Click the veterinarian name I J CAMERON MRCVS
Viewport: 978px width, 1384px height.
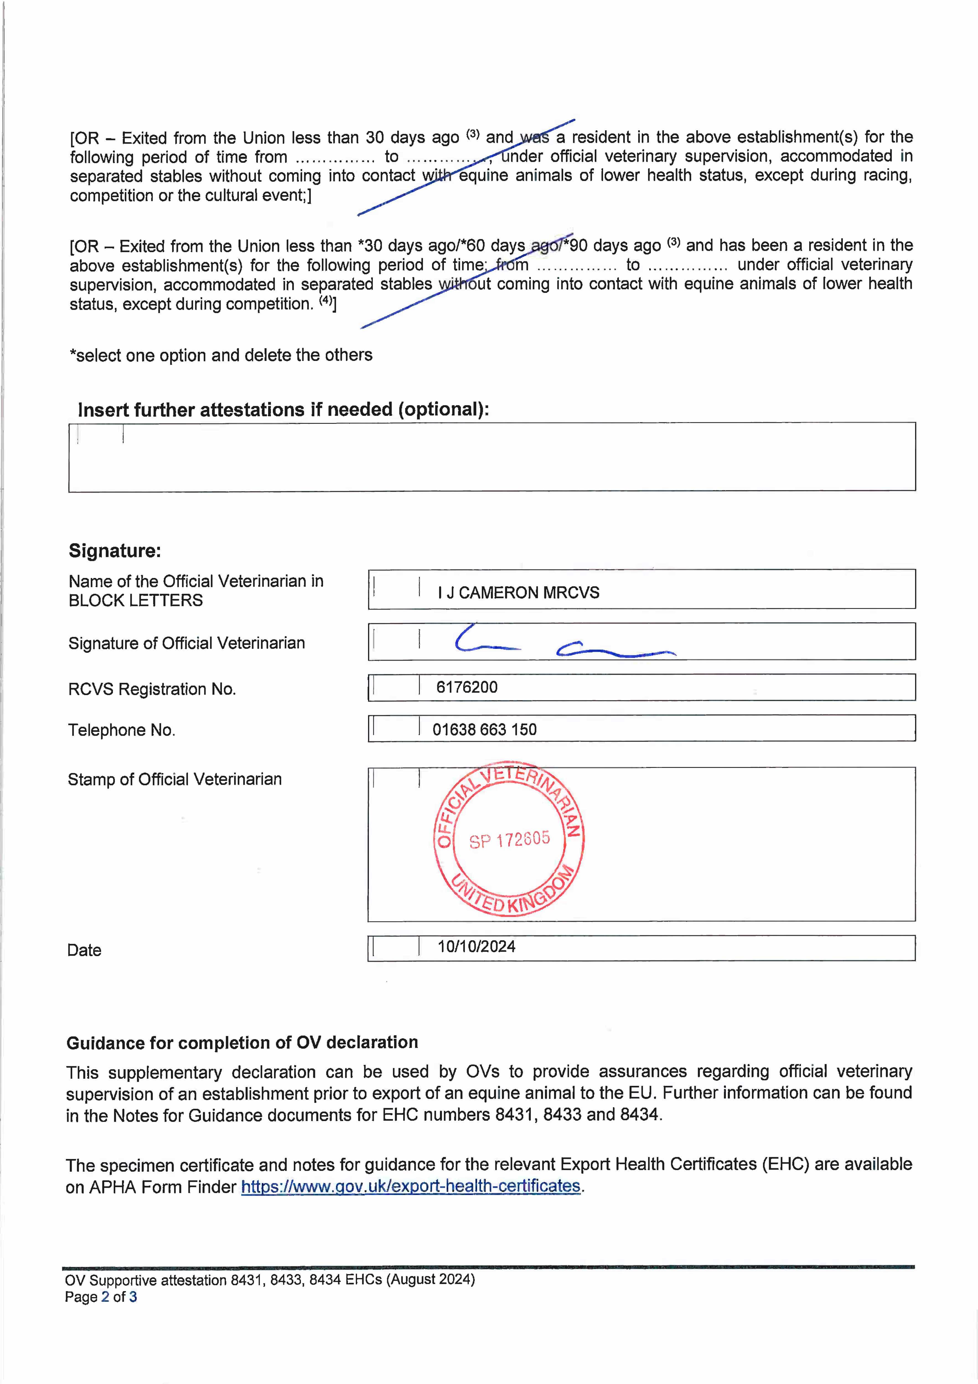[x=518, y=593]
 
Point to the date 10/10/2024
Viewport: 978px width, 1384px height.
[x=476, y=946]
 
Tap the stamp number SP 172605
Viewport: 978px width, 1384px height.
[x=509, y=840]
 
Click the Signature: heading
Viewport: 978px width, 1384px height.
[x=115, y=550]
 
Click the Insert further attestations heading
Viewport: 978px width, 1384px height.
[x=283, y=410]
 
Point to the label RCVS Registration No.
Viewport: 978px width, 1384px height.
[x=152, y=689]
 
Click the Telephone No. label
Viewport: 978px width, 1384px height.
[x=121, y=730]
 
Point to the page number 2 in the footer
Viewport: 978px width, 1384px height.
[x=105, y=1297]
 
